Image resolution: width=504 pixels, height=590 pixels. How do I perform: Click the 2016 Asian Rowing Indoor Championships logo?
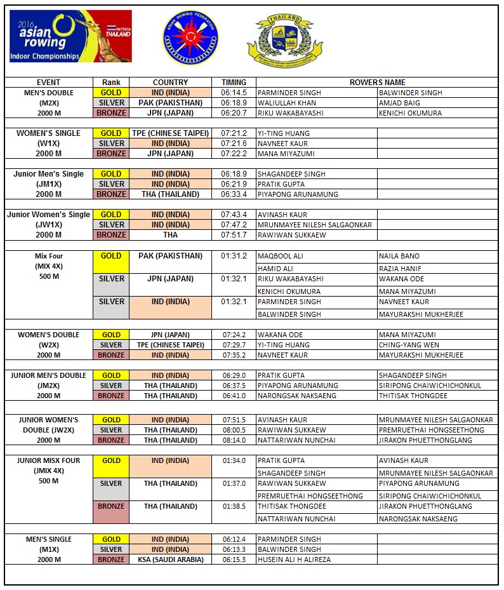[70, 36]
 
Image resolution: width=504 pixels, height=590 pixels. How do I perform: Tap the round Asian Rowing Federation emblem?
[190, 39]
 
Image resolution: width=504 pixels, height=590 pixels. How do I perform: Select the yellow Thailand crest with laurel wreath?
[279, 41]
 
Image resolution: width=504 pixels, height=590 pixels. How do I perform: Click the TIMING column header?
[234, 83]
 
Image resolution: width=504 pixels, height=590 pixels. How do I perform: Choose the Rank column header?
[111, 83]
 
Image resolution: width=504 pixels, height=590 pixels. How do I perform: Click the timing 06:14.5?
[234, 93]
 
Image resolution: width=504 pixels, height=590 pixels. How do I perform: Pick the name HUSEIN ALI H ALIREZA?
[294, 560]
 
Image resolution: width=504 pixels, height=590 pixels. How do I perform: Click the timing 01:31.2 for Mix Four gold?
[234, 257]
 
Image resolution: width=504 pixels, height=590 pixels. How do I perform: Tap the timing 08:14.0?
[234, 440]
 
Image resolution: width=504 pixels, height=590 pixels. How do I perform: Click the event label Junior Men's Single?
[48, 174]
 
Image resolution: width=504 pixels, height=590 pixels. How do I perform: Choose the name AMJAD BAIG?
[399, 103]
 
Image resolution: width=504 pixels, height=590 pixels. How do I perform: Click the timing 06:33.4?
[234, 194]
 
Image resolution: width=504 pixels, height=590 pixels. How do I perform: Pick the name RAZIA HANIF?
[400, 269]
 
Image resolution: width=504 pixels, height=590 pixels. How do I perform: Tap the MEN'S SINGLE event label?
[48, 539]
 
